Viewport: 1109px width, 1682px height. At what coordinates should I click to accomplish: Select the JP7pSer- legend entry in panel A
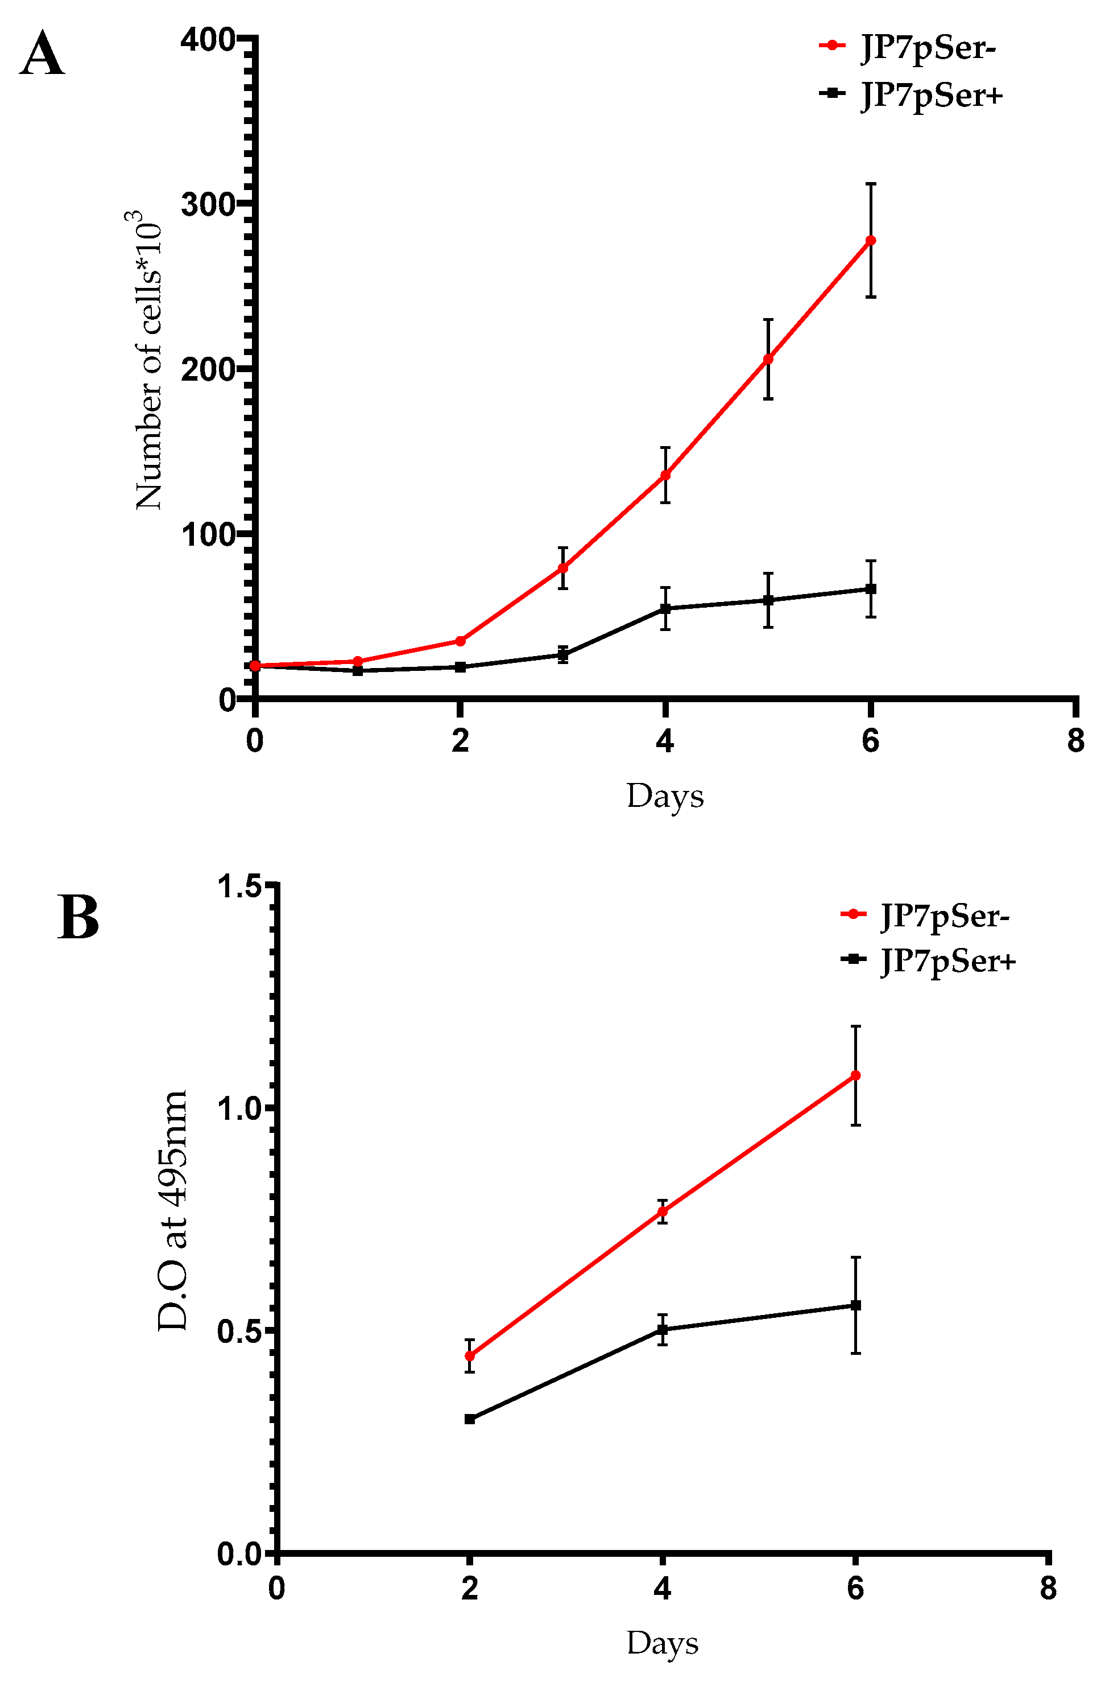pyautogui.click(x=927, y=47)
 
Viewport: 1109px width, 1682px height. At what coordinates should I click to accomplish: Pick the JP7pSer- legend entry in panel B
pyautogui.click(x=944, y=916)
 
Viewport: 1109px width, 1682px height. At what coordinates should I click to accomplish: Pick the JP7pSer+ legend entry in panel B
pyautogui.click(x=947, y=961)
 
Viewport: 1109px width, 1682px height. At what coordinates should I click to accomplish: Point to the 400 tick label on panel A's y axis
pyautogui.click(x=207, y=40)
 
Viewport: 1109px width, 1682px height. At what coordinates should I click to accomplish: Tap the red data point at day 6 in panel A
pyautogui.click(x=871, y=241)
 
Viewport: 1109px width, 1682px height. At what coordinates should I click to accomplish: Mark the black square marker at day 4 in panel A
pyautogui.click(x=665, y=608)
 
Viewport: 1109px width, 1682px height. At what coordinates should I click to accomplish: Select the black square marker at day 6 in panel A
pyautogui.click(x=871, y=589)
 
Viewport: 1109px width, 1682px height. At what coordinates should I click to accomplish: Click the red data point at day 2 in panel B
pyautogui.click(x=470, y=1356)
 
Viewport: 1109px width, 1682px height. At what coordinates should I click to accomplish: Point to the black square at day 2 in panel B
pyautogui.click(x=470, y=1419)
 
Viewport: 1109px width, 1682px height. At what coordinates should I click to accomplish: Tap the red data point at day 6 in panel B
pyautogui.click(x=855, y=1075)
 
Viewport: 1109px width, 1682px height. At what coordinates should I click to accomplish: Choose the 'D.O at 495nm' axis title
pyautogui.click(x=172, y=1210)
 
